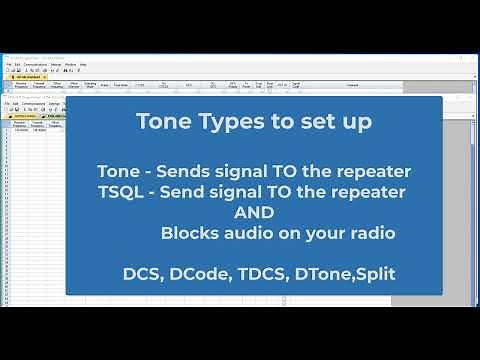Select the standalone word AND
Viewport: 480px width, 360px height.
point(254,212)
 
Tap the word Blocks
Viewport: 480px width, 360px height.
point(190,233)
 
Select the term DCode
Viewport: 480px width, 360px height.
point(199,272)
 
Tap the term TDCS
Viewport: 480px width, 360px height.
point(262,272)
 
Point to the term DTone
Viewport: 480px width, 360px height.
point(324,272)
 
